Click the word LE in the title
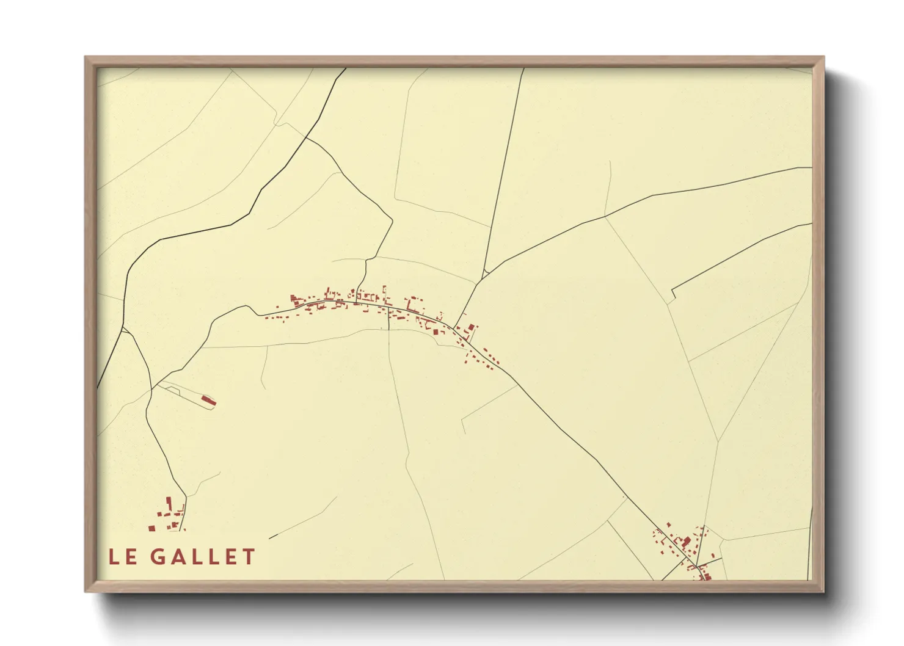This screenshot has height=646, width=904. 123,557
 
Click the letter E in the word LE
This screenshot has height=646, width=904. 131,557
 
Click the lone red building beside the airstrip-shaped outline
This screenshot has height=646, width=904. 208,401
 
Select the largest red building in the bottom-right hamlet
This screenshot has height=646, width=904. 685,542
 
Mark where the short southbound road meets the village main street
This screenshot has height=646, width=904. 389,308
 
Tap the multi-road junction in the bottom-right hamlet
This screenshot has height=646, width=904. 696,564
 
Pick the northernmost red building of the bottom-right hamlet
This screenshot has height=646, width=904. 669,524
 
